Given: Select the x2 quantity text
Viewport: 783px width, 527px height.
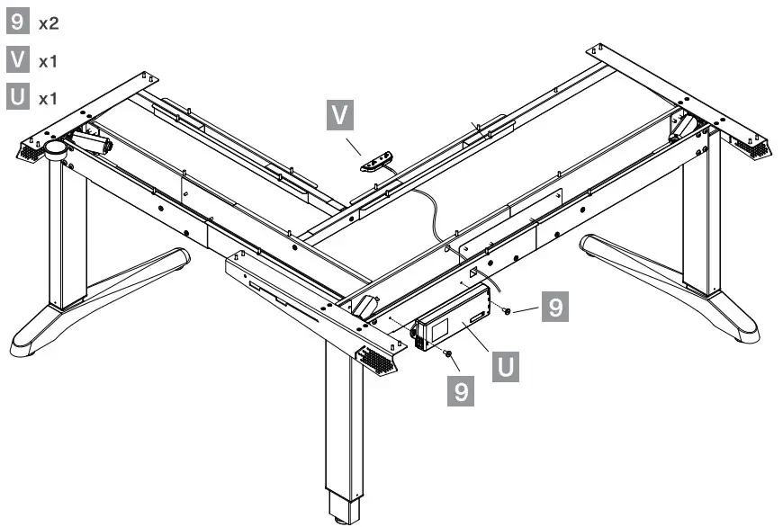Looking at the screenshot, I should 48,24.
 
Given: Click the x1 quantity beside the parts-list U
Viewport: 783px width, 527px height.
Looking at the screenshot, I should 48,98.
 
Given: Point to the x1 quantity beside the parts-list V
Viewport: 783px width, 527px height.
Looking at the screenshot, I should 48,61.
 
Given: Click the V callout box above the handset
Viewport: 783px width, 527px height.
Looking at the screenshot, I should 340,116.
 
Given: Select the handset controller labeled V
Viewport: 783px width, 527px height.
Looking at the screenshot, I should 377,162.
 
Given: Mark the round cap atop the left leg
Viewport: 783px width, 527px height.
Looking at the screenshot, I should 58,149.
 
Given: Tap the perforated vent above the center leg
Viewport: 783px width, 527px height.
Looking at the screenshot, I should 377,362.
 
